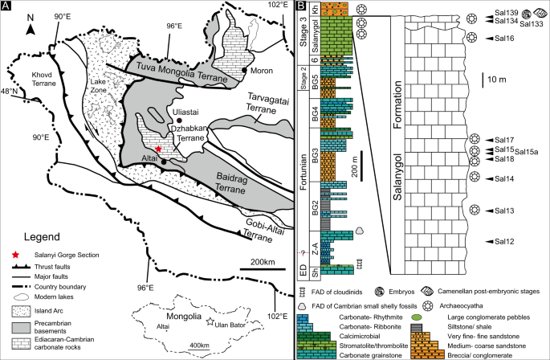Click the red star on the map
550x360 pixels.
159,149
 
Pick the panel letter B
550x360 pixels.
299,7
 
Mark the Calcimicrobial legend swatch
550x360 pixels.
311,336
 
